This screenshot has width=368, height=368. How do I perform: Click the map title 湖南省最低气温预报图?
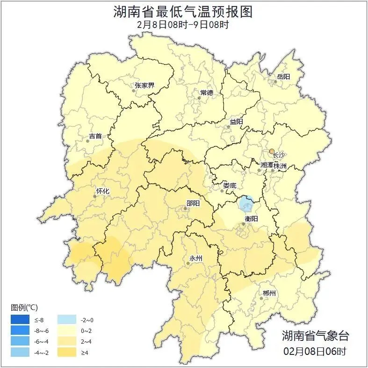point(183,12)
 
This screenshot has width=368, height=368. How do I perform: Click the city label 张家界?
point(144,86)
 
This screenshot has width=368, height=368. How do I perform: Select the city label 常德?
point(206,92)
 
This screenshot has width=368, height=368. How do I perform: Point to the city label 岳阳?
point(283,76)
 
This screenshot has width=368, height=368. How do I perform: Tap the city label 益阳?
point(236,122)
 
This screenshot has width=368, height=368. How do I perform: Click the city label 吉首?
point(95,137)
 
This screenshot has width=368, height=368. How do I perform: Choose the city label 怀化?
point(102,191)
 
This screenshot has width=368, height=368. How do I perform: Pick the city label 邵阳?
point(193,203)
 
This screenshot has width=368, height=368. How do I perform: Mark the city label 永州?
point(195,258)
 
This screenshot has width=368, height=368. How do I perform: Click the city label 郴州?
point(269,293)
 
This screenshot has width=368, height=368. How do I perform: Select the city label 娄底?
point(229,185)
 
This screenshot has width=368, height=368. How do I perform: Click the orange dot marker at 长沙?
point(271,151)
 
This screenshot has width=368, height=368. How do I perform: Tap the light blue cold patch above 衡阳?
point(246,204)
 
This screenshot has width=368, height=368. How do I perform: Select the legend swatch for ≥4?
point(67,352)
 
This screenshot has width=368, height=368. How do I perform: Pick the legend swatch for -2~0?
point(67,320)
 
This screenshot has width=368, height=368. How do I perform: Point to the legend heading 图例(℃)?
point(24,307)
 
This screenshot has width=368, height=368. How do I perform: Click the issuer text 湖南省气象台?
point(315,335)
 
